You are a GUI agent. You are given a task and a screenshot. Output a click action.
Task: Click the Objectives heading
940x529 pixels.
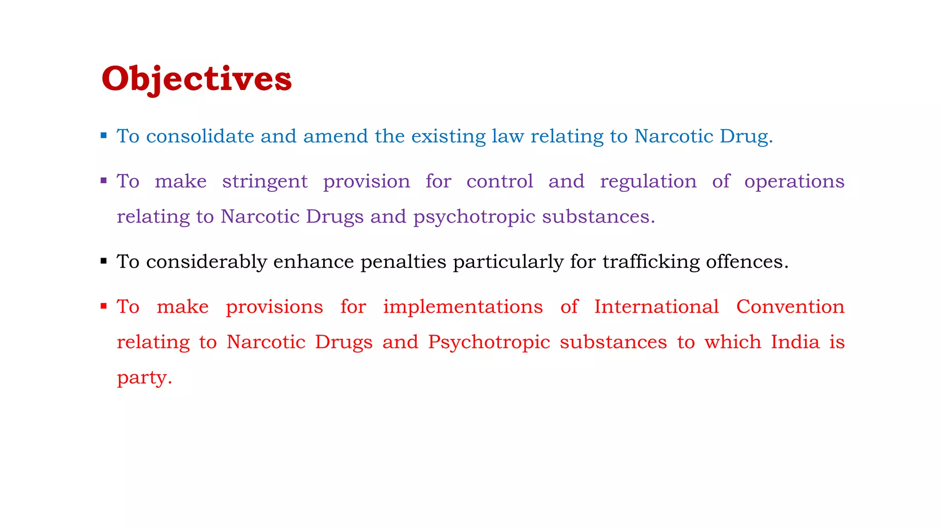click(196, 79)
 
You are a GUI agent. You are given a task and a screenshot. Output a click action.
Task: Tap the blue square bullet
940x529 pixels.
click(104, 135)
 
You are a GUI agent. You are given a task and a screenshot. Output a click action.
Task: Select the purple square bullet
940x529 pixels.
click(104, 180)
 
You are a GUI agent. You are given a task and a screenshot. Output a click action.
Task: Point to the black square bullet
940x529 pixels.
click(104, 261)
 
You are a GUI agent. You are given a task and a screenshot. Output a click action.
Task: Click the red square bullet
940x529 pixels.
click(104, 306)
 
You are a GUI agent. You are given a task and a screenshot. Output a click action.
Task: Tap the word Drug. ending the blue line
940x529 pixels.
click(746, 137)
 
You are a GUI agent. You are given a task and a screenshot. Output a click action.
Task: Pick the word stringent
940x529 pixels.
click(265, 182)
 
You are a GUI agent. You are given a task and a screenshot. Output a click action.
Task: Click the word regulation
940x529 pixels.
click(648, 182)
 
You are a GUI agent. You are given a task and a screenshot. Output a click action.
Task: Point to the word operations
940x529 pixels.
click(794, 182)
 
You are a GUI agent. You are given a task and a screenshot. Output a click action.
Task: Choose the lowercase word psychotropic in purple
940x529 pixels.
click(474, 217)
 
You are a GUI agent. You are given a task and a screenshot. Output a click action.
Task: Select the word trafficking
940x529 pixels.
click(651, 262)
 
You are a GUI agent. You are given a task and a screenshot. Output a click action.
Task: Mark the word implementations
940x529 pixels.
click(463, 307)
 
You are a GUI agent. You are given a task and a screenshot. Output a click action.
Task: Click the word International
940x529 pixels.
click(656, 307)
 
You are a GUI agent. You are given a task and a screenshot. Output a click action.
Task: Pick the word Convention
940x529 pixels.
click(790, 307)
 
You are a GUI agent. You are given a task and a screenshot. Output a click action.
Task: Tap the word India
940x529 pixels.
click(795, 342)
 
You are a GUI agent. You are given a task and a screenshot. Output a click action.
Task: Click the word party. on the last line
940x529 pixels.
click(145, 378)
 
